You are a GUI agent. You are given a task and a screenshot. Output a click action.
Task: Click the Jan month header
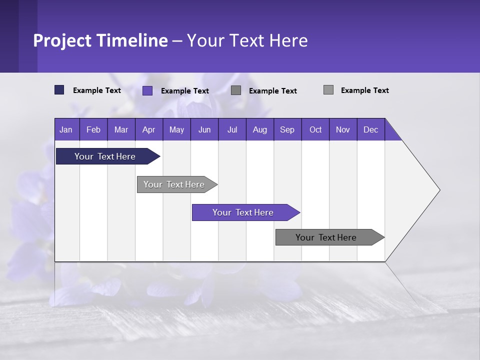click(66, 129)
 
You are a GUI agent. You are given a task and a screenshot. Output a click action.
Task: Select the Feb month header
click(93, 129)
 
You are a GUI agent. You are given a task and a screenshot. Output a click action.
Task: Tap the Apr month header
click(149, 129)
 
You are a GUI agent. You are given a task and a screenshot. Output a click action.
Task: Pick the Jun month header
click(204, 129)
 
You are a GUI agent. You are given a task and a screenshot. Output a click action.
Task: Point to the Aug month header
click(260, 129)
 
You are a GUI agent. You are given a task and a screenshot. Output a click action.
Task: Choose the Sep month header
click(287, 129)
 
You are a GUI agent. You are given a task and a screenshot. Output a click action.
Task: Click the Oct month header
click(315, 129)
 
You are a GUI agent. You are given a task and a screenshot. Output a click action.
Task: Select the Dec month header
click(371, 129)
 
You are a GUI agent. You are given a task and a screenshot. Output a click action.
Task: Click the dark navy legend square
click(59, 90)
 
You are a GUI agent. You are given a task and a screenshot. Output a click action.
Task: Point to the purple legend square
click(147, 90)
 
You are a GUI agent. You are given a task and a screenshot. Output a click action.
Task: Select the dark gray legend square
click(236, 90)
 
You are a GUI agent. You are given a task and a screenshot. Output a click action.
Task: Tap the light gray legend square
click(328, 90)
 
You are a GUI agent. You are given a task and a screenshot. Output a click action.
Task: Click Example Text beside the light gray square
click(364, 90)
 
